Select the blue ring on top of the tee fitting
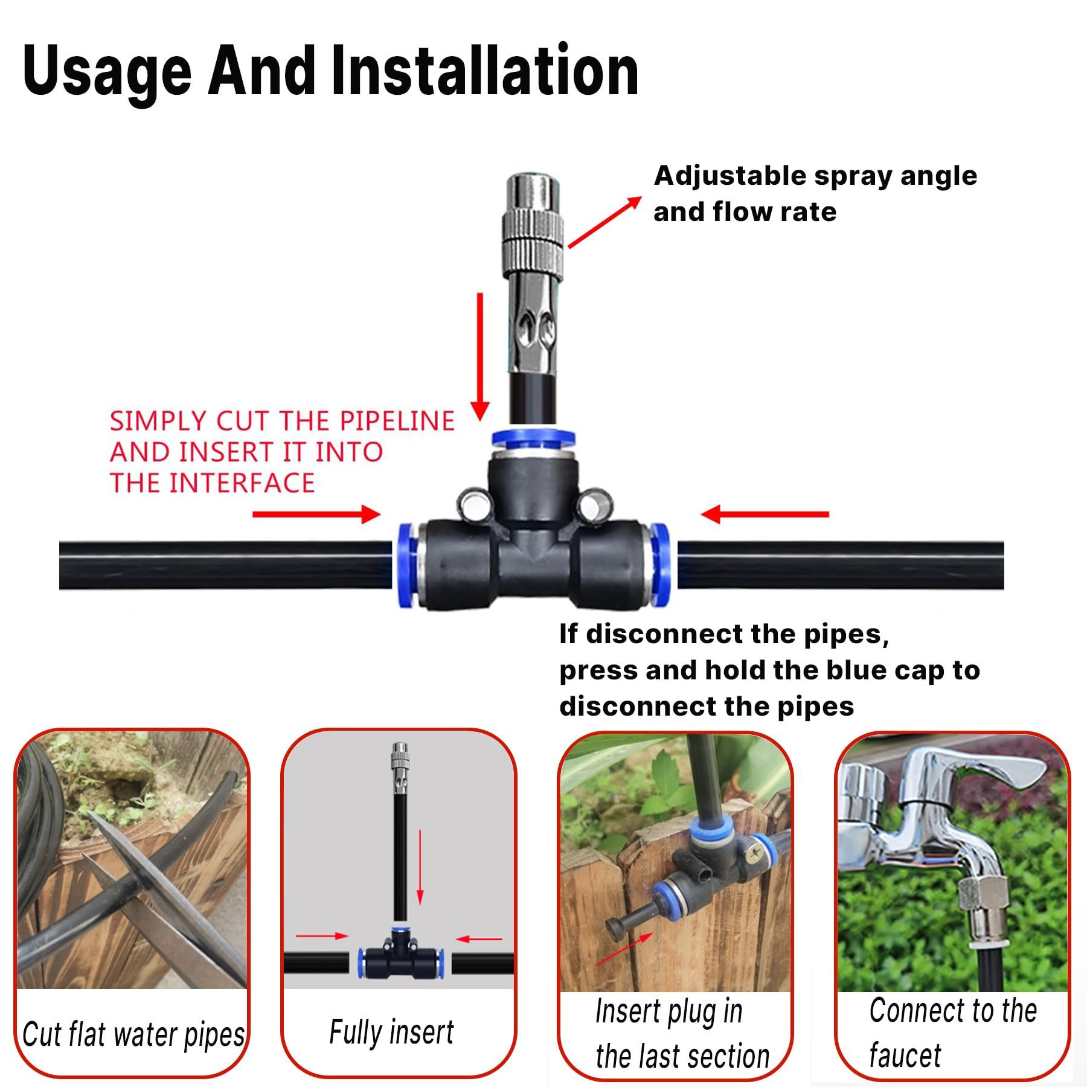pyautogui.click(x=533, y=438)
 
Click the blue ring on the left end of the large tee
pyautogui.click(x=408, y=565)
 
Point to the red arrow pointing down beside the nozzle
pyautogui.click(x=480, y=356)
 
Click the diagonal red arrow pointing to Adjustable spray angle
pyautogui.click(x=604, y=222)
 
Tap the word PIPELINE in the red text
pyautogui.click(x=397, y=421)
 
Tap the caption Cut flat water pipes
pyautogui.click(x=133, y=1034)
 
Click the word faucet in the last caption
pyautogui.click(x=904, y=1056)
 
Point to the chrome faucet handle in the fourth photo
pyautogui.click(x=990, y=770)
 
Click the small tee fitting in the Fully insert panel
pyautogui.click(x=400, y=954)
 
